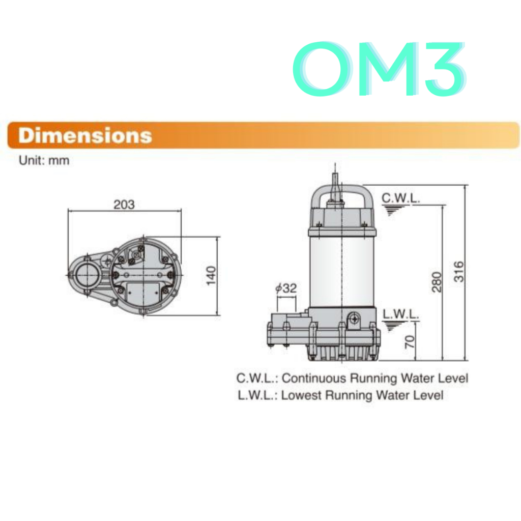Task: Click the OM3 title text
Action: click(x=379, y=69)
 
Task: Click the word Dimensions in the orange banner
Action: click(x=85, y=135)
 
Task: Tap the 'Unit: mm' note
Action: click(x=44, y=160)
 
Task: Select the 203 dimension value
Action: click(x=124, y=205)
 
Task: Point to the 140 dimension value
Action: click(x=211, y=275)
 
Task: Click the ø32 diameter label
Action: click(x=286, y=288)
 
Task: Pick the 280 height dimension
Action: click(x=437, y=282)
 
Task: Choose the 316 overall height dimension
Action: click(x=458, y=272)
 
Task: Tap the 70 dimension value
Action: click(x=411, y=341)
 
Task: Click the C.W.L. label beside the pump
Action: click(x=401, y=198)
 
